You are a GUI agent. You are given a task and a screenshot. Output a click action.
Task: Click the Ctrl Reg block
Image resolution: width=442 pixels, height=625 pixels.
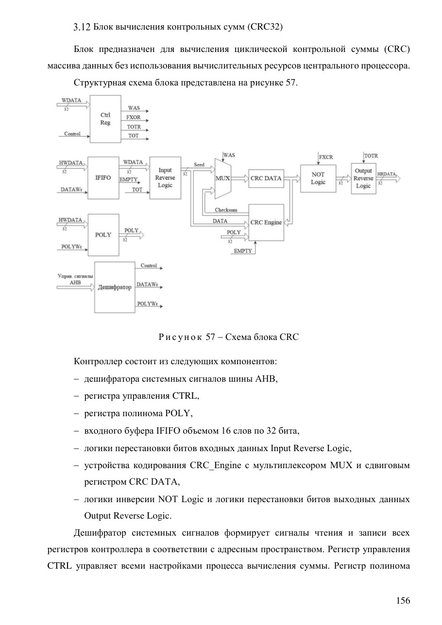click(x=105, y=119)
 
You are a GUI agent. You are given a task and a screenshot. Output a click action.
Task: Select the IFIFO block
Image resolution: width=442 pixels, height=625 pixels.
click(x=103, y=178)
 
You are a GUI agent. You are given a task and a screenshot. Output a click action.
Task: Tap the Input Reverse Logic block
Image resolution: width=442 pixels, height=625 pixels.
click(x=165, y=178)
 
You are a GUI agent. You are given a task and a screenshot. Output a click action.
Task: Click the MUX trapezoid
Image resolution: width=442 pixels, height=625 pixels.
click(x=222, y=179)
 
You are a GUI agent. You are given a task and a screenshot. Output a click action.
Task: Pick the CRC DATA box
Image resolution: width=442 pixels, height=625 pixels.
click(x=266, y=178)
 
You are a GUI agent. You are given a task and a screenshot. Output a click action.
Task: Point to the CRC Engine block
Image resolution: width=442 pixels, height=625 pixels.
click(x=266, y=222)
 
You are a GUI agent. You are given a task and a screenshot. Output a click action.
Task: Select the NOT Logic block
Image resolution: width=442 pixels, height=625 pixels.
click(x=318, y=178)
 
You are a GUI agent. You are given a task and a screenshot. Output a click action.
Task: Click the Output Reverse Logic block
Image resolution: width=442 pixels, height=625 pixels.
click(x=363, y=178)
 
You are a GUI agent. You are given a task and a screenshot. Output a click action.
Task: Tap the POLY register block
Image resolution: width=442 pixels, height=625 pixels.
click(x=103, y=235)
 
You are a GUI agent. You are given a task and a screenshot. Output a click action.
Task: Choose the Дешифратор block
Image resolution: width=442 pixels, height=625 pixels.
click(x=115, y=287)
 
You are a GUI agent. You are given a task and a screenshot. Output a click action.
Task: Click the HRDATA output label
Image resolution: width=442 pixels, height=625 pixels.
click(x=387, y=174)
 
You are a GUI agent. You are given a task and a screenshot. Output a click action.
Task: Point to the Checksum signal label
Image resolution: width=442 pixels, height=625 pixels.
click(x=226, y=210)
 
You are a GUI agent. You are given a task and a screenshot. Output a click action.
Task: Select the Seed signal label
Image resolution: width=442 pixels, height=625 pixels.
click(x=199, y=165)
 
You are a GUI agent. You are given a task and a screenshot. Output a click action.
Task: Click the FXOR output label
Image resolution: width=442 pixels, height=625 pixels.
click(x=134, y=118)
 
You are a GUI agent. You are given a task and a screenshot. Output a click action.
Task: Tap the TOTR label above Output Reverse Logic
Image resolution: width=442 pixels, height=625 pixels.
click(x=371, y=156)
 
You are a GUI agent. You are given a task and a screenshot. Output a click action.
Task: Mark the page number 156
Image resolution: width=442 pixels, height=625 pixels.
click(x=403, y=600)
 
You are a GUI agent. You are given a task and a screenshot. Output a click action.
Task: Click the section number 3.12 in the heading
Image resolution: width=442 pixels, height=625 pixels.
click(x=82, y=27)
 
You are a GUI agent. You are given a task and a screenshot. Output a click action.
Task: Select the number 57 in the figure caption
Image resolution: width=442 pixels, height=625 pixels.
click(x=210, y=337)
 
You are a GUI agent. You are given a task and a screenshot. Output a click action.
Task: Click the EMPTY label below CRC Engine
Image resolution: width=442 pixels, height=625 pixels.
click(x=243, y=251)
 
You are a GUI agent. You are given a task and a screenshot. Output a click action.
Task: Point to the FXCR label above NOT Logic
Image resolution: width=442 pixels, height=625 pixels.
click(x=326, y=157)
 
